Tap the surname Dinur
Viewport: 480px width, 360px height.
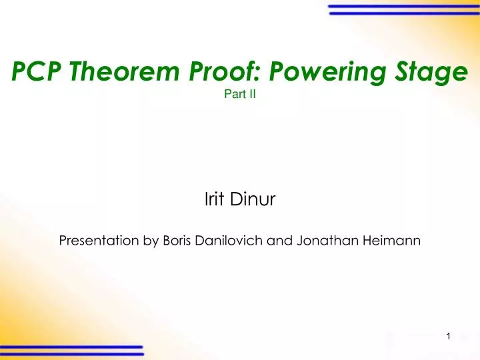tap(251, 198)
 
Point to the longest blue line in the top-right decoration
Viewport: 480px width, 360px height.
tap(404, 7)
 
